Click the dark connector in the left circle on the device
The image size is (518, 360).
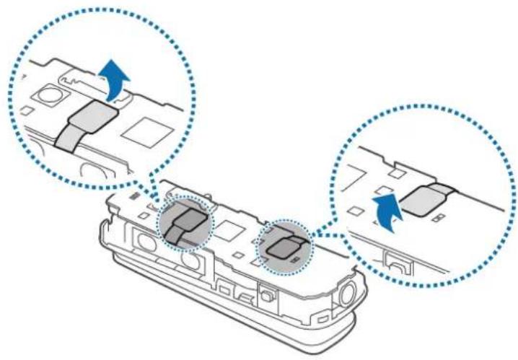tap(190, 224)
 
